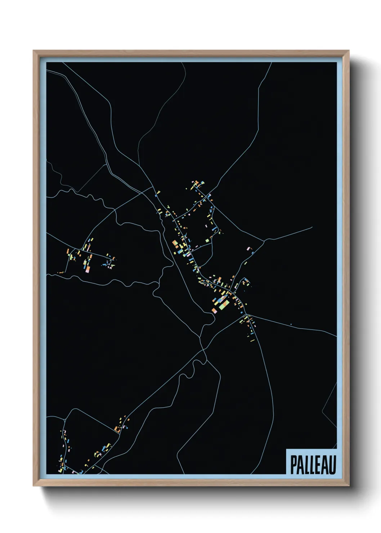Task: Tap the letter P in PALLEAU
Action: [293, 465]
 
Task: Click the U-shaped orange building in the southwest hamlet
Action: [117, 429]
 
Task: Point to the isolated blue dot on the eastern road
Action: [291, 324]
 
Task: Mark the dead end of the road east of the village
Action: [312, 227]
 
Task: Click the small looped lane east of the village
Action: [246, 281]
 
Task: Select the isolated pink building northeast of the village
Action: [248, 248]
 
